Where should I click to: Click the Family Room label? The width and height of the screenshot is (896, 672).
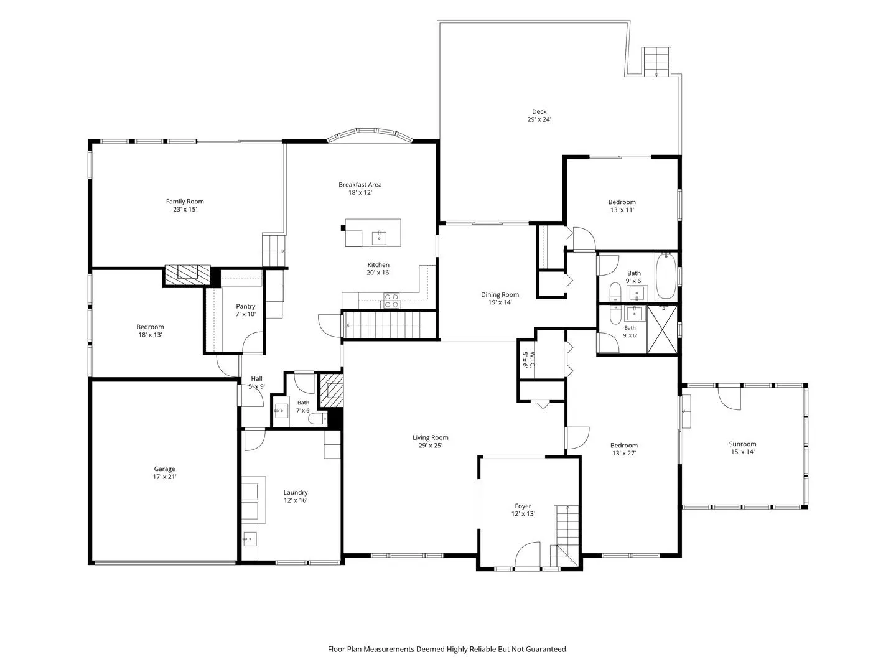185,201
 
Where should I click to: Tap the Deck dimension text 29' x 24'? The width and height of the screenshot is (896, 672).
539,119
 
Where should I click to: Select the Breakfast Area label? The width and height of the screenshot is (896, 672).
360,184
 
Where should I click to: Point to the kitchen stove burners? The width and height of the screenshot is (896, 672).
391,301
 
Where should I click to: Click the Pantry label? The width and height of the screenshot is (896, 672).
245,306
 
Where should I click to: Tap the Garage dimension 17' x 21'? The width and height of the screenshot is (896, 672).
164,477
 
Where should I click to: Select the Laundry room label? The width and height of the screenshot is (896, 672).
296,492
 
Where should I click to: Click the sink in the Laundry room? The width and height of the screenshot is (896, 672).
250,539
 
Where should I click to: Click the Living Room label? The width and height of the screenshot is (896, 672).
430,437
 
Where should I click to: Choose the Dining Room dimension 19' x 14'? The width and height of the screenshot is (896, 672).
500,302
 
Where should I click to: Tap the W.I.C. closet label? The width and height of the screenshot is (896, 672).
531,360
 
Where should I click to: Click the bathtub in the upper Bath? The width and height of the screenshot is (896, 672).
666,276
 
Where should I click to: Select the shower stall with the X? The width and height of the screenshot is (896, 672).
661,329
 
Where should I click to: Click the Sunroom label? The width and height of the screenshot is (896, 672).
742,444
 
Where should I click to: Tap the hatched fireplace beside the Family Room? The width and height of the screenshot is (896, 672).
187,275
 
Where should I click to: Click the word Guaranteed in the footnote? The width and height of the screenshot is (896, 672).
546,649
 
